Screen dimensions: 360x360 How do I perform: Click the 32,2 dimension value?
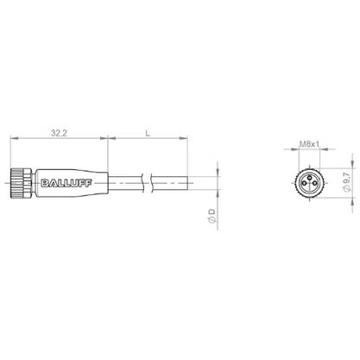tap(59, 133)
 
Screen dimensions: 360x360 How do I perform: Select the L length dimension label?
tap(148, 133)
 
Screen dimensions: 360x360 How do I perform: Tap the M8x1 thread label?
tap(310, 144)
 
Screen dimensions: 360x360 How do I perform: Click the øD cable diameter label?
tap(212, 216)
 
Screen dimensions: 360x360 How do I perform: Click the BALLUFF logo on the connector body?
tap(66, 183)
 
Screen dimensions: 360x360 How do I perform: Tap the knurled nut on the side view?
tap(21, 183)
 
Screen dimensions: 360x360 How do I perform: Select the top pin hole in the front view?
tap(309, 178)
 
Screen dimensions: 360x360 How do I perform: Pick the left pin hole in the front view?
tap(305, 183)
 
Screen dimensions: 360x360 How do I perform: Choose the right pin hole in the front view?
tap(314, 183)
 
